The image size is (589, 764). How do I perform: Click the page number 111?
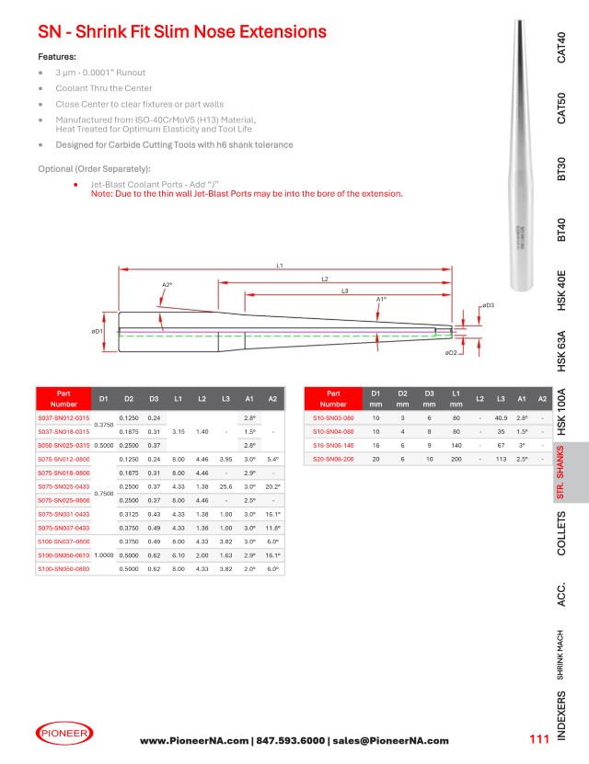pyautogui.click(x=538, y=740)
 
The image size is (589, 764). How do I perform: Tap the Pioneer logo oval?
pyautogui.click(x=64, y=733)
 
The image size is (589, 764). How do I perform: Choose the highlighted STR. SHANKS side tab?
pyautogui.click(x=561, y=474)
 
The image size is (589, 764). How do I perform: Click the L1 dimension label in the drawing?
pyautogui.click(x=280, y=265)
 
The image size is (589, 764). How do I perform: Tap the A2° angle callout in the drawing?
pyautogui.click(x=167, y=285)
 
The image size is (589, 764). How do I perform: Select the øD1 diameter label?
pyautogui.click(x=97, y=330)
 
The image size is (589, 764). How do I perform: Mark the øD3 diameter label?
pyautogui.click(x=488, y=304)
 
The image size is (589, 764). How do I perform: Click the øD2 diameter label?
pyautogui.click(x=451, y=352)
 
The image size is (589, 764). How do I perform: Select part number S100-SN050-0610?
pyautogui.click(x=64, y=555)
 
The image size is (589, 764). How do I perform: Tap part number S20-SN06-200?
pyautogui.click(x=333, y=458)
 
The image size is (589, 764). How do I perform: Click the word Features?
pyautogui.click(x=57, y=56)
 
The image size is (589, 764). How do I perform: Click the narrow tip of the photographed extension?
pyautogui.click(x=517, y=22)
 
